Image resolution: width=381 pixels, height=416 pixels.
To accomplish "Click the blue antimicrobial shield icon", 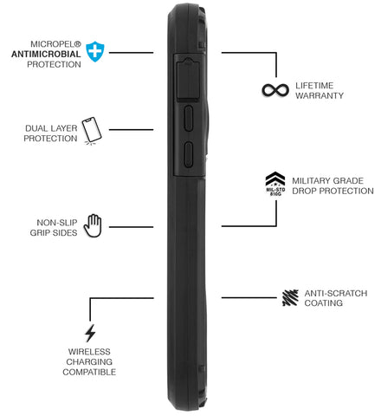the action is tap(95, 51).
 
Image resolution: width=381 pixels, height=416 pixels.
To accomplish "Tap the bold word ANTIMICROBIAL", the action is tap(46, 54).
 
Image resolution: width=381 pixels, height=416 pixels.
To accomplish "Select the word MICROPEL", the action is tap(53, 44).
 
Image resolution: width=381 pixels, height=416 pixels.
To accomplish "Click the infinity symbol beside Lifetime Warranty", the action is tap(275, 90).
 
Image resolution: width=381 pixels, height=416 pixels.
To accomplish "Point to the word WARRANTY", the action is tap(320, 95).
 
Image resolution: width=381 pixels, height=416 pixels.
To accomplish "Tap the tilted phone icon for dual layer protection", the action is tap(92, 131).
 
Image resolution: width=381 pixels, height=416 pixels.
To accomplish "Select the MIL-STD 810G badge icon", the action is tap(275, 184).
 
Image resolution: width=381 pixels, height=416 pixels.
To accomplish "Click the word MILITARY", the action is tap(311, 181).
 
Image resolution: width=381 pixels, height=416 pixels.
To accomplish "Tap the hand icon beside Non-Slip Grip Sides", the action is tap(93, 225).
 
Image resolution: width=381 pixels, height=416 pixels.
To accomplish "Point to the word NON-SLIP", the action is tap(57, 223).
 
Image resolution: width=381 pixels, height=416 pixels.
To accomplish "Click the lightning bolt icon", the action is tap(90, 333).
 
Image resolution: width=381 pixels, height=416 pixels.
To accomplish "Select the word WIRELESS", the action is tap(89, 352).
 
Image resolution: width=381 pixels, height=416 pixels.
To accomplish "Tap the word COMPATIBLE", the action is tap(89, 372).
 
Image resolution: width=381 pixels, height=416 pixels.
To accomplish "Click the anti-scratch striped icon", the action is tap(290, 297).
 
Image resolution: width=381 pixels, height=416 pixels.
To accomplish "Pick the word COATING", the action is tap(324, 303).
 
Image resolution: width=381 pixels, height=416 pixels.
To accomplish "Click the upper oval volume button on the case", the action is tap(189, 119).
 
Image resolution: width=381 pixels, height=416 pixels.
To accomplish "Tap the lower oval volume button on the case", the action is tap(189, 154).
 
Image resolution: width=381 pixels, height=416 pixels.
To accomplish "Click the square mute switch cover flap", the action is tap(189, 79).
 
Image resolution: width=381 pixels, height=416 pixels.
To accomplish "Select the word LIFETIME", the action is tap(314, 86).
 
